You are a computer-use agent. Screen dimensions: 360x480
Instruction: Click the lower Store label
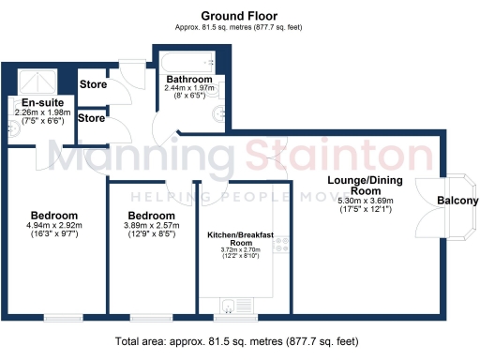tap(92, 118)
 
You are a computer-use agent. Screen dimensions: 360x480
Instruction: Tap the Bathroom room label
tap(190, 79)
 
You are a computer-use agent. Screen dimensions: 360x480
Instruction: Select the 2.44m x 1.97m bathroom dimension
tap(190, 88)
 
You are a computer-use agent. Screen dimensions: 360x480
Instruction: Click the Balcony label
tap(457, 201)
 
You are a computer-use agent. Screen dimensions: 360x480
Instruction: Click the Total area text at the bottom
tap(239, 341)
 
